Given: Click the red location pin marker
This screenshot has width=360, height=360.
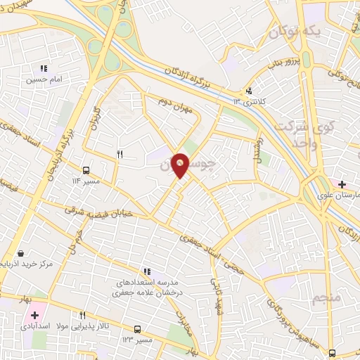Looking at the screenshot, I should point(181,165).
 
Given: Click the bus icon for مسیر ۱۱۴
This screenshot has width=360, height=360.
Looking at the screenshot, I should point(85,170).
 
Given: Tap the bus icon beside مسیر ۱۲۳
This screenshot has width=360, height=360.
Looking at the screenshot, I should point(137,329).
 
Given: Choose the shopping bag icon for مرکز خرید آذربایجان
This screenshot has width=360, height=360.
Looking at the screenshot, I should point(22,253).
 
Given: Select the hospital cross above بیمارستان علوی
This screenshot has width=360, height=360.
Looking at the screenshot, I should point(342,184).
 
